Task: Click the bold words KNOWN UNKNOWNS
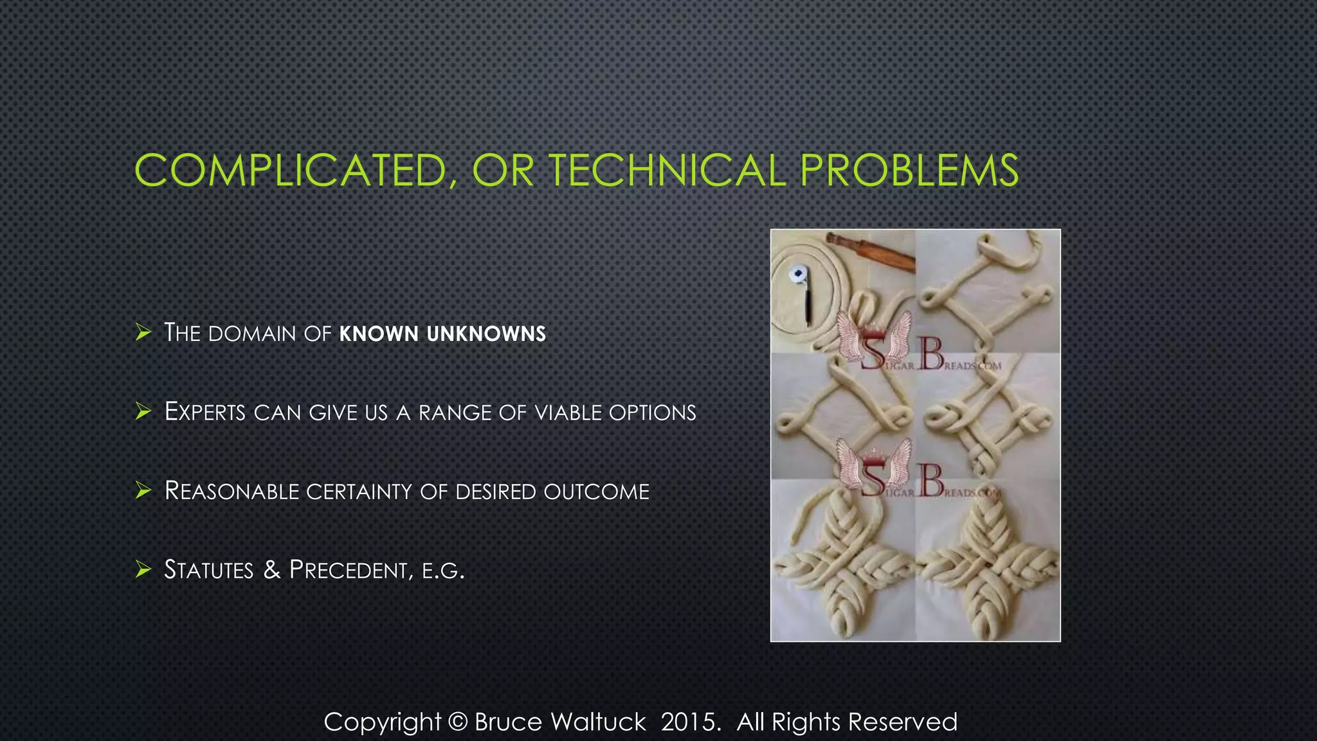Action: [442, 334]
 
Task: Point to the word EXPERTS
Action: [205, 412]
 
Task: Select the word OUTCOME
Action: [596, 491]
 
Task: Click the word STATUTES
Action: [209, 570]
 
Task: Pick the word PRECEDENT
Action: [348, 570]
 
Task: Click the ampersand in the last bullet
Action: [271, 570]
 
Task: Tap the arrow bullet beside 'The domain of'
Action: [143, 333]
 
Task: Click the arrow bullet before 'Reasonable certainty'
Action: [143, 491]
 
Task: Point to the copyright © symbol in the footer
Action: [457, 722]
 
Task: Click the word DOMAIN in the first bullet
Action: [252, 334]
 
